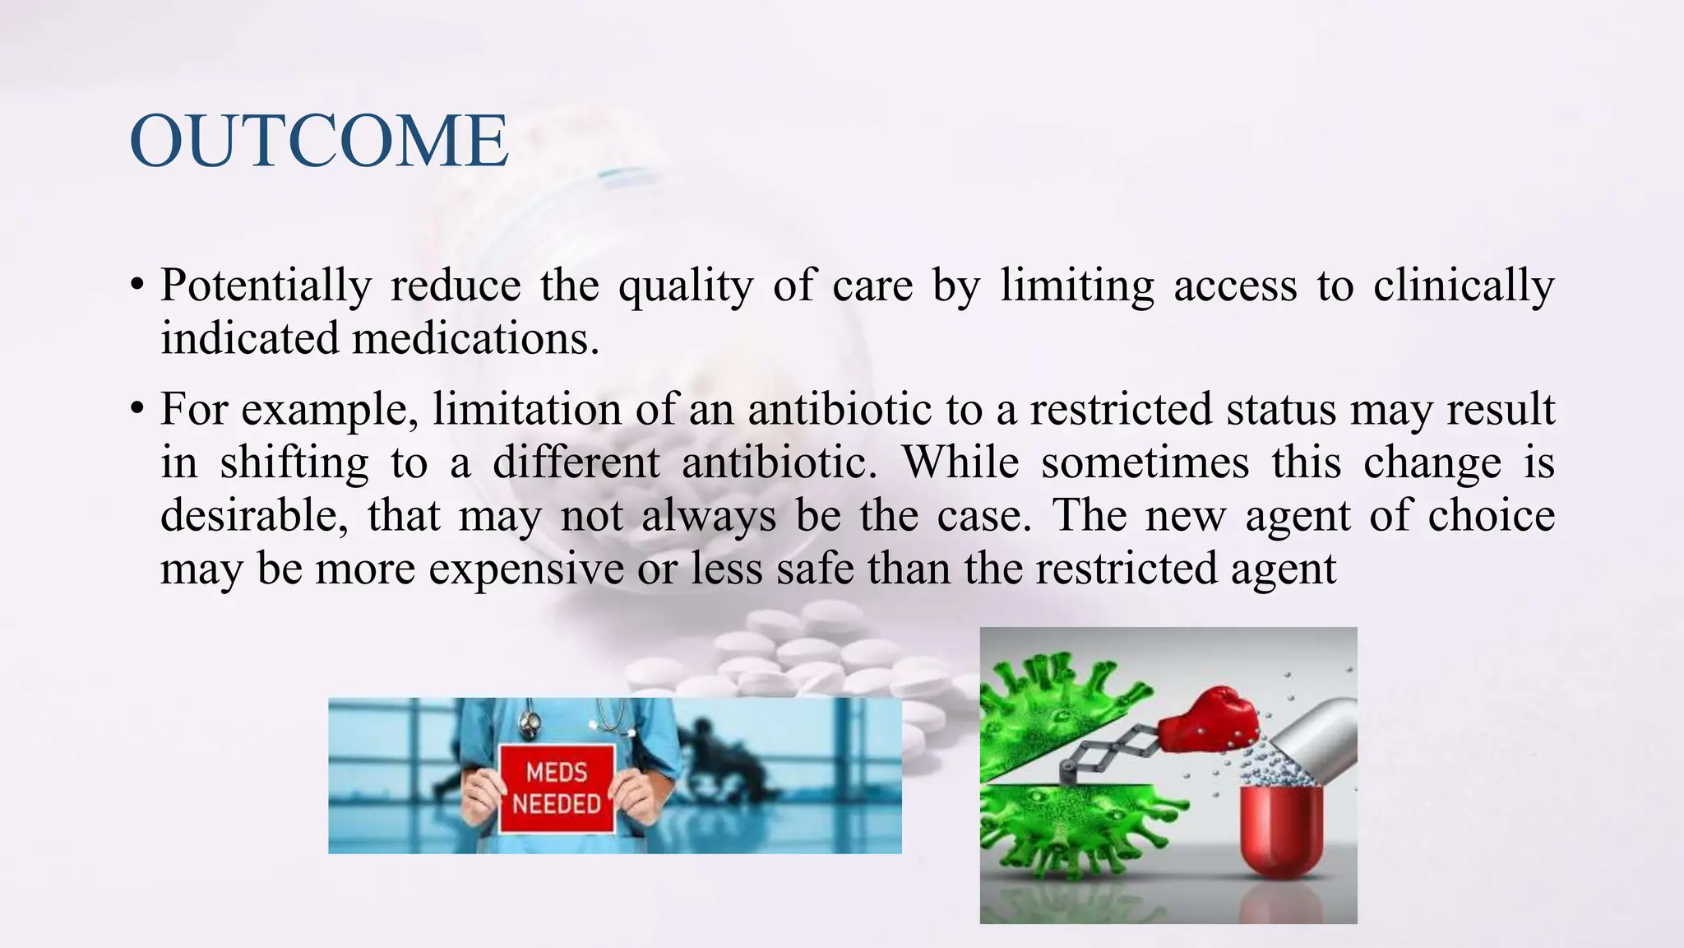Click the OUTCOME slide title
pyautogui.click(x=319, y=142)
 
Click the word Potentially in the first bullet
pyautogui.click(x=265, y=286)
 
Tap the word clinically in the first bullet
pyautogui.click(x=1464, y=286)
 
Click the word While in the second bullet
pyautogui.click(x=960, y=462)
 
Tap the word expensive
pyautogui.click(x=526, y=569)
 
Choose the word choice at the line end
pyautogui.click(x=1491, y=516)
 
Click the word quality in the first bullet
pyautogui.click(x=685, y=286)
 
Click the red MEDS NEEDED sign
pyautogui.click(x=557, y=788)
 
